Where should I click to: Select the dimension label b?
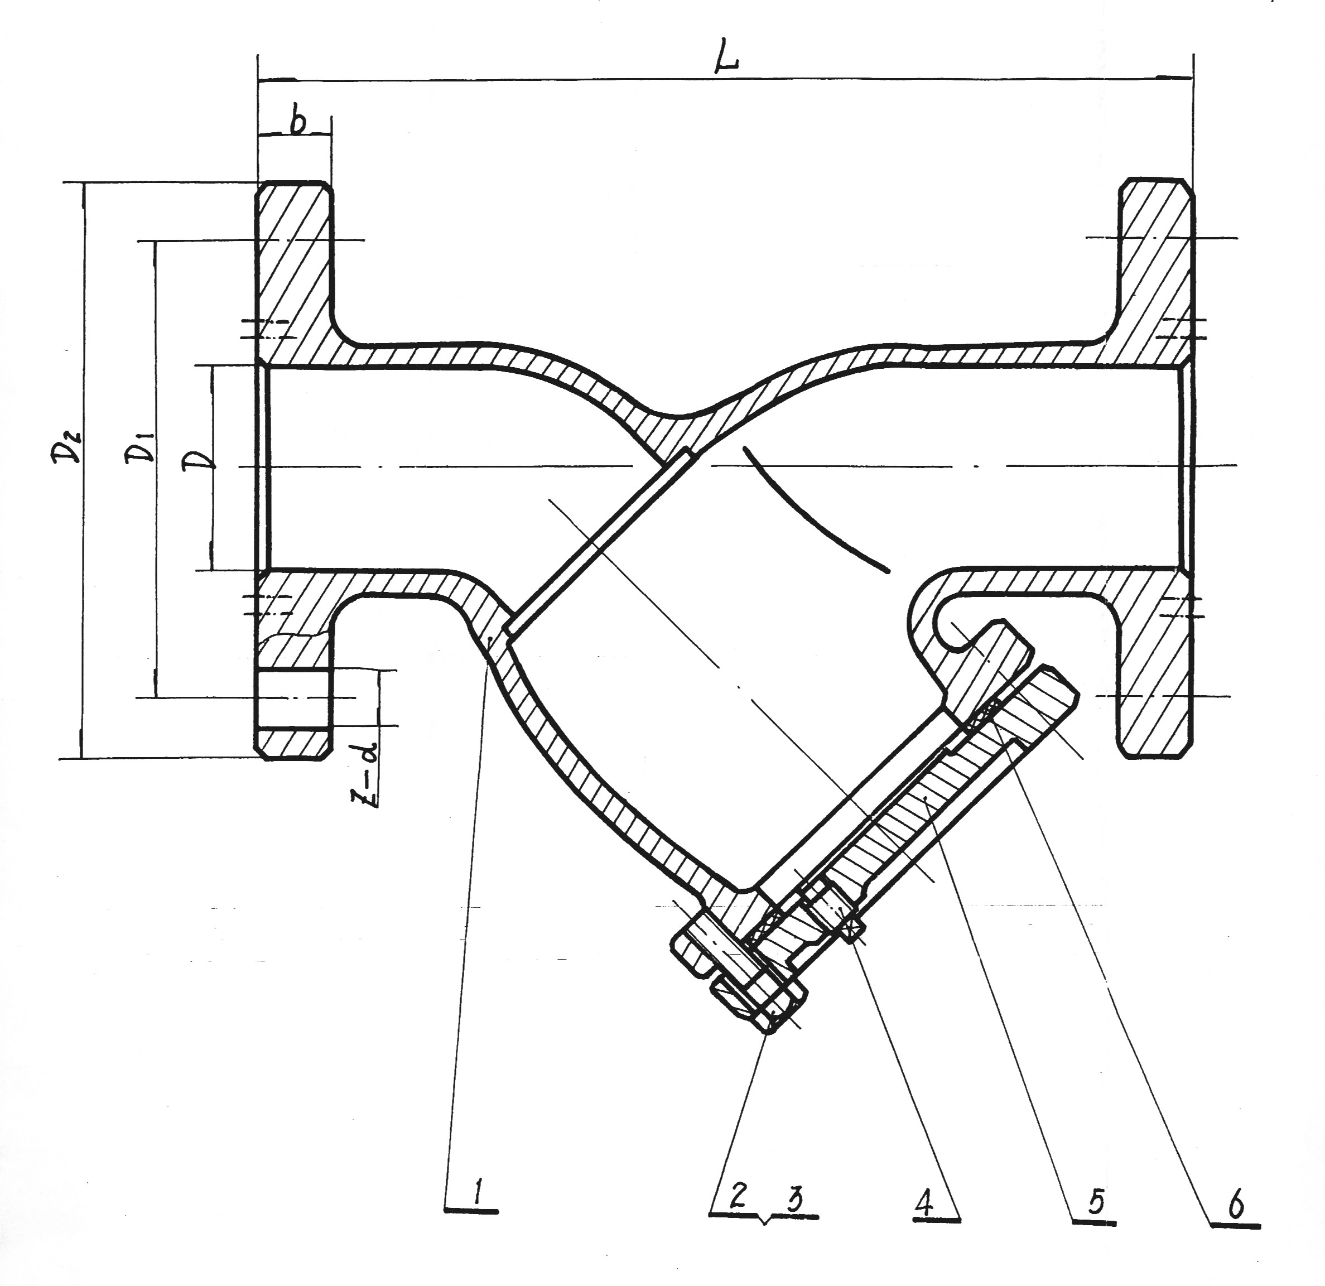(x=298, y=122)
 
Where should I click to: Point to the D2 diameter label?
(x=67, y=446)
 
